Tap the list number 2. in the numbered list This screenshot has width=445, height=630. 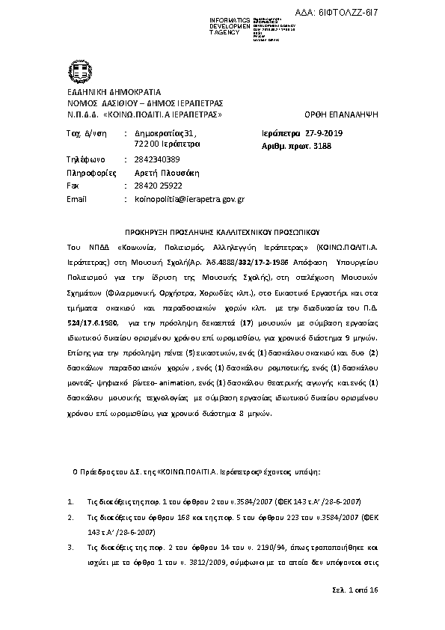(x=70, y=516)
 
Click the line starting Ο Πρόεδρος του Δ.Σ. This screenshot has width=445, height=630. (x=196, y=473)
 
